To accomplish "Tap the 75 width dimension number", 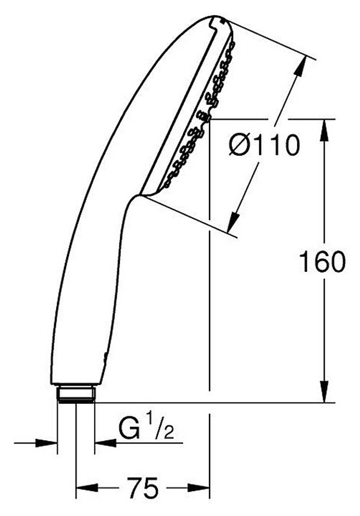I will pyautogui.click(x=143, y=488).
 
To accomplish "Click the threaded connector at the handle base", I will pyautogui.click(x=76, y=394).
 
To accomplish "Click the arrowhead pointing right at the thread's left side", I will pyautogui.click(x=47, y=443).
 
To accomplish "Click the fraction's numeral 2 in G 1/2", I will pyautogui.click(x=168, y=434).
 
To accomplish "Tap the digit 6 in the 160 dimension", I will pyautogui.click(x=321, y=262).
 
